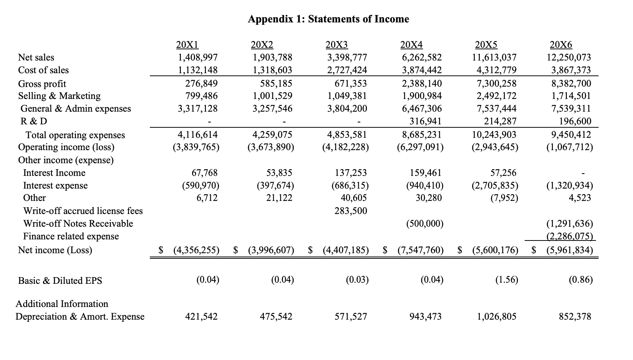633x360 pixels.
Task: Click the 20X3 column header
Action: (337, 45)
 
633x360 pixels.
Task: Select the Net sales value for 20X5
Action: (495, 58)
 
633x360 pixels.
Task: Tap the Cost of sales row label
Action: (43, 70)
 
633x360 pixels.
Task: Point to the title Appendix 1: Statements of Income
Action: (328, 19)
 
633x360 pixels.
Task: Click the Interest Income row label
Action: (54, 173)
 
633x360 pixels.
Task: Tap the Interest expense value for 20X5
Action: (495, 186)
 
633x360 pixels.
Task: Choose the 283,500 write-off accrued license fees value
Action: (351, 211)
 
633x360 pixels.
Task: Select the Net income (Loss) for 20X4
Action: (420, 250)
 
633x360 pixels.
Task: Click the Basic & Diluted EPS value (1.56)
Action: (507, 280)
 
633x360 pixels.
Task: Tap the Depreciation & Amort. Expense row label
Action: (80, 317)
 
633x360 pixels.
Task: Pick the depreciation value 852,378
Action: (575, 317)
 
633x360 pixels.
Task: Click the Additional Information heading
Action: (62, 304)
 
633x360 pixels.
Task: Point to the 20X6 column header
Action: (561, 45)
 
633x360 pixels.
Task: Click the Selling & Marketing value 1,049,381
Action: (347, 96)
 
